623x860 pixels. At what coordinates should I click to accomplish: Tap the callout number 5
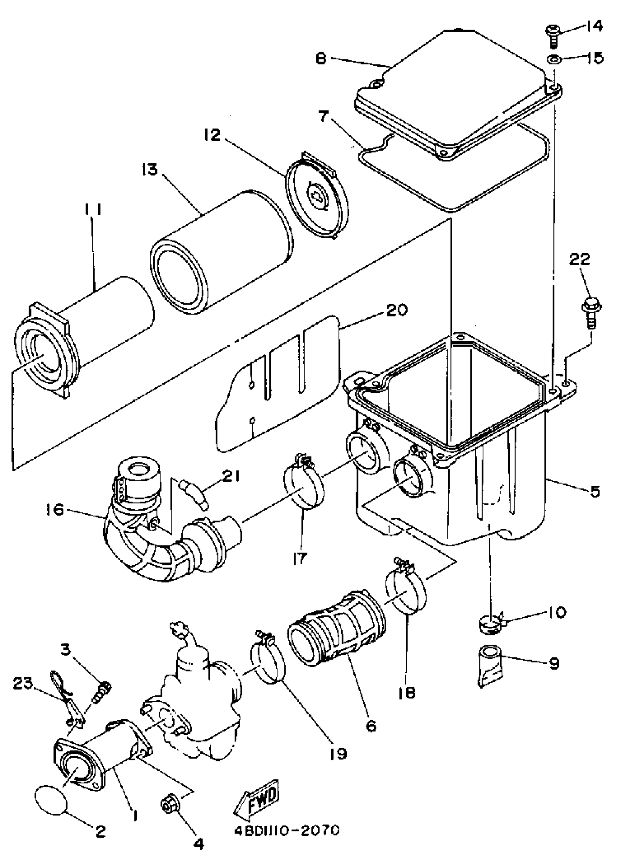[594, 492]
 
